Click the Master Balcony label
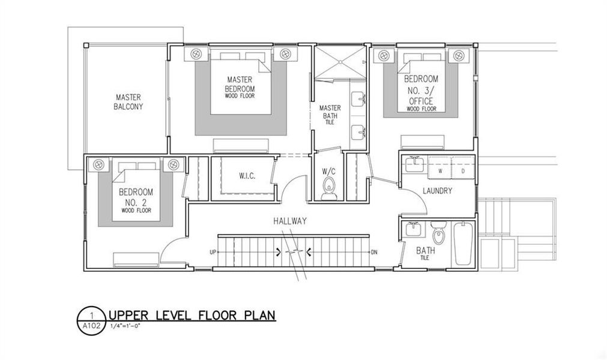tap(129, 101)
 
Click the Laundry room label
tap(436, 191)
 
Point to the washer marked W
tap(441, 171)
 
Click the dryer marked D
tap(462, 171)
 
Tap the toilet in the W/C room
tap(329, 191)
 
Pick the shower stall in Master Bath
tap(340, 62)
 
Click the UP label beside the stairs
tap(213, 253)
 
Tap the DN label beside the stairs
tap(374, 253)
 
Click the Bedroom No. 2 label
tap(135, 198)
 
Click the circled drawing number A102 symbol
tap(90, 321)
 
